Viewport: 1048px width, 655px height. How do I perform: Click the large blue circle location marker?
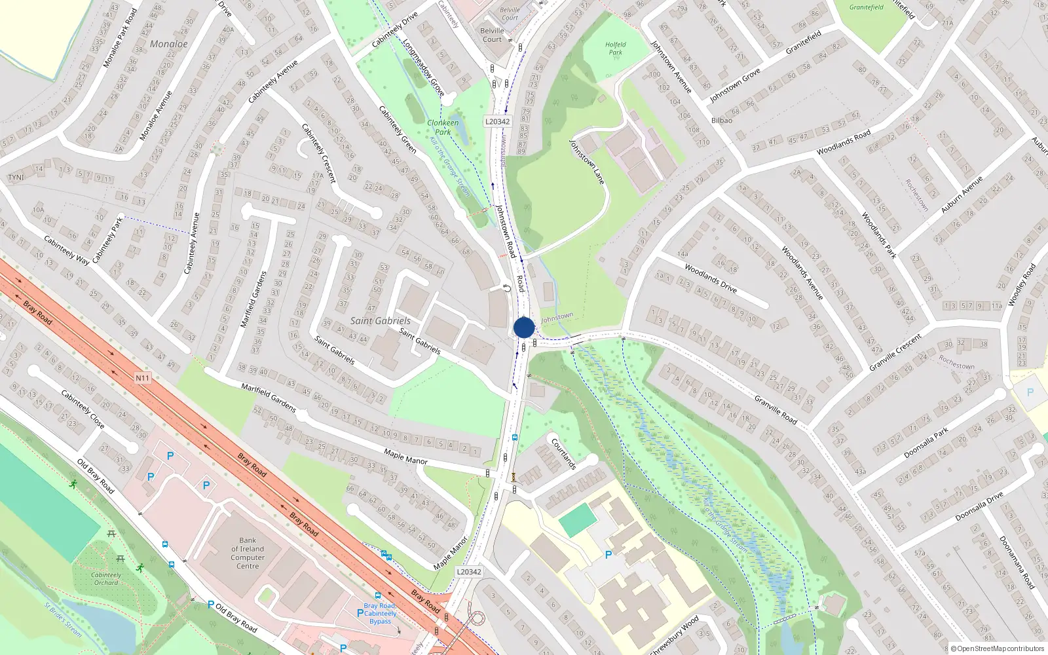point(524,327)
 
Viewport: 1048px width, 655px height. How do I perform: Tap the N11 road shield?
point(142,378)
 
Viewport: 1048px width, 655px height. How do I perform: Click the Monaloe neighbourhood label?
point(169,44)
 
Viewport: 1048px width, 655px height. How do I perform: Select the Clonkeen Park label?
point(443,127)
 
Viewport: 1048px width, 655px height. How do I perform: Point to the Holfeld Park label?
point(615,48)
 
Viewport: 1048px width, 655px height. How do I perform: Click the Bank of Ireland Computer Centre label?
point(248,553)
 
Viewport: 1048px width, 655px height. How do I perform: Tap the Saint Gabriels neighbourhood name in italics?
point(380,321)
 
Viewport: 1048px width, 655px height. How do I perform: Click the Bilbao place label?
point(722,121)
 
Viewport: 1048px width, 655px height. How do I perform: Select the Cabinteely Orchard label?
point(106,578)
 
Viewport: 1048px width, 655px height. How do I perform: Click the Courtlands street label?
point(563,453)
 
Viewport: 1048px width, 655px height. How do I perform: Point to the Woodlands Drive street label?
point(711,278)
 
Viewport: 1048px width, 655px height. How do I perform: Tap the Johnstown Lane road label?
point(587,162)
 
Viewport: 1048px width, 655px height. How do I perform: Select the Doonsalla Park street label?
point(926,443)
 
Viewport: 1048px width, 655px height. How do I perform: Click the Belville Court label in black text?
point(492,35)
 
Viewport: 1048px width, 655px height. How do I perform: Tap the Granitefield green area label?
point(866,7)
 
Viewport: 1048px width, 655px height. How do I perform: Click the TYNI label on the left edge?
point(16,178)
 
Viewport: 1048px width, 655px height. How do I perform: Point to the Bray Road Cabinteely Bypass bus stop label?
point(380,614)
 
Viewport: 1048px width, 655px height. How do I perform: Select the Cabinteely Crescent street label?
point(319,153)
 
